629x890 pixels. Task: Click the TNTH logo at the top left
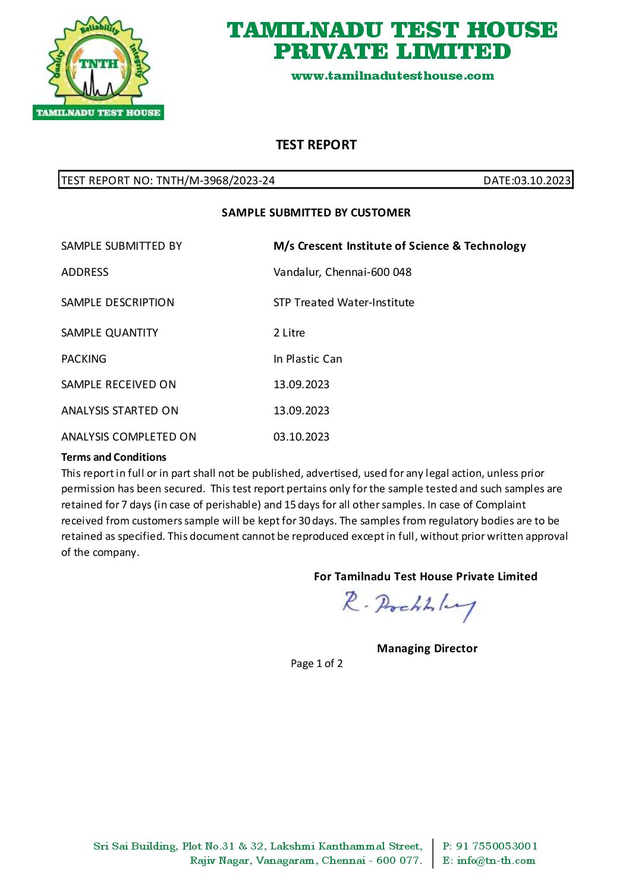pos(98,68)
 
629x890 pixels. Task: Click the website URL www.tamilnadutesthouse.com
pos(392,76)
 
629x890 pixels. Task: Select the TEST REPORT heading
pos(316,145)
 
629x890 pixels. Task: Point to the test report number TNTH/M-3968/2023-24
pos(215,181)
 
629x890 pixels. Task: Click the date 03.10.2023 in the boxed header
pos(542,181)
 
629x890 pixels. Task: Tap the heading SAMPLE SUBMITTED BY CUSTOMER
pos(316,213)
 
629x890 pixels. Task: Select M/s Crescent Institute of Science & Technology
pos(400,246)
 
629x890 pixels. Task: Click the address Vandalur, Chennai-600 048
pos(342,272)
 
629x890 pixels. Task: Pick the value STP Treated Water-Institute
pos(344,303)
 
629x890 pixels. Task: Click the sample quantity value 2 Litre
pos(289,333)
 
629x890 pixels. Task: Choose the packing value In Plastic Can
pos(307,359)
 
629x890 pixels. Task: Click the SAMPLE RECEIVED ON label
pos(118,385)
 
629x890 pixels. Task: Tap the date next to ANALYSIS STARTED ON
pos(301,411)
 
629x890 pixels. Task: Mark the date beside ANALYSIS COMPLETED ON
pos(301,437)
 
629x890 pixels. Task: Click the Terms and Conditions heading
pos(114,457)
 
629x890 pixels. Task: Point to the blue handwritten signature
pos(408,605)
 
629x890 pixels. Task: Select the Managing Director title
pos(427,649)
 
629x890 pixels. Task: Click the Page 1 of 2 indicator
pos(316,663)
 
